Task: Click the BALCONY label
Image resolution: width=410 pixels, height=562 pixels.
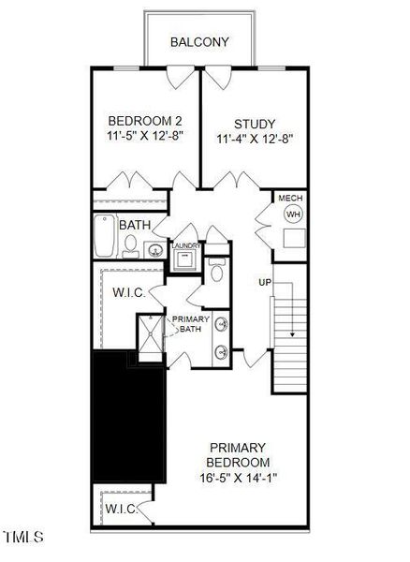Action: tap(199, 42)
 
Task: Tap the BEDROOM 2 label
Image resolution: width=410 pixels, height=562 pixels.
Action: tap(145, 121)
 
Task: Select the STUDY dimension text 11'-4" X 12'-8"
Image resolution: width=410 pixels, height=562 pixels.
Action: tap(255, 139)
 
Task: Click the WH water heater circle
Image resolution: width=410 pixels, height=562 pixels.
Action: tap(293, 214)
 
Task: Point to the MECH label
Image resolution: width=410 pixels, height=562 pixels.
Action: tap(290, 198)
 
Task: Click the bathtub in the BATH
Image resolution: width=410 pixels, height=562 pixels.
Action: tap(105, 235)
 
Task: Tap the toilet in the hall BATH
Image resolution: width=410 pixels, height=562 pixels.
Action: tap(130, 246)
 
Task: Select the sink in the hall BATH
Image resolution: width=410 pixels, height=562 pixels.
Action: tap(155, 249)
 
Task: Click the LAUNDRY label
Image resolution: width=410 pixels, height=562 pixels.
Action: tap(186, 245)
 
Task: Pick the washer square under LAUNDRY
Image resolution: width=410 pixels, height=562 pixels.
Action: tap(185, 259)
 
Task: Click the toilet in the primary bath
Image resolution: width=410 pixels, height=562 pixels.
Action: tap(217, 270)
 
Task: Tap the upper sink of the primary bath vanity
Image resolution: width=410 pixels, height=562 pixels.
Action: tap(221, 324)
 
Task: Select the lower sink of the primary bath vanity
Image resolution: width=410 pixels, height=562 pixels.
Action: tap(221, 352)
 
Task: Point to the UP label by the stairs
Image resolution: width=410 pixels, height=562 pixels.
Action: tap(265, 283)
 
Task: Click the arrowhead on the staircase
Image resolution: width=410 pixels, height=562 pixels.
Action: tap(293, 334)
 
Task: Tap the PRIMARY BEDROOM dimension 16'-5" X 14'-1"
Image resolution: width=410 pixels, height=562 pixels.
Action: tap(239, 478)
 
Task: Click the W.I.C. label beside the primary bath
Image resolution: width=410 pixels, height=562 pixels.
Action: tap(129, 293)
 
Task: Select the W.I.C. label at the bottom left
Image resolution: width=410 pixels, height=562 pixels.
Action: tap(122, 509)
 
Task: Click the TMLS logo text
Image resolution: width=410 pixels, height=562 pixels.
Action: tap(23, 537)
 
